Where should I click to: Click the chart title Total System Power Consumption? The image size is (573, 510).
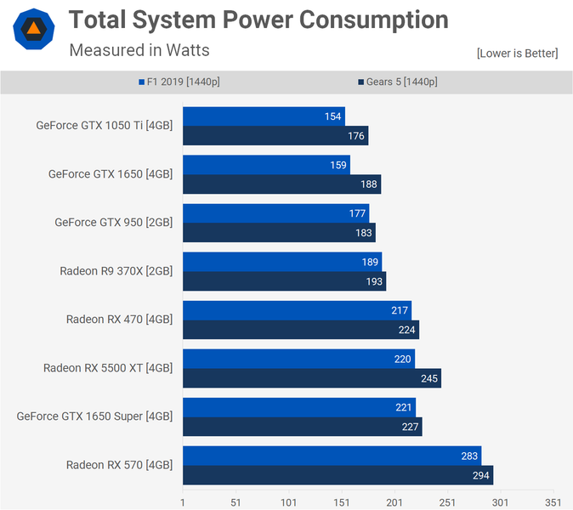click(258, 20)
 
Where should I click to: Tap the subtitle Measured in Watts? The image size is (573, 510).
click(139, 50)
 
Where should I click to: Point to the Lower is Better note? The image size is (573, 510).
click(517, 54)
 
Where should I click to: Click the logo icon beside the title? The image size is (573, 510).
click(33, 31)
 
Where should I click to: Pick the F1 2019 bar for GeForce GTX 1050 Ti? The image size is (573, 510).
click(264, 116)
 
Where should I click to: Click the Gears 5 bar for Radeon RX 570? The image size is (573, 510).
click(338, 475)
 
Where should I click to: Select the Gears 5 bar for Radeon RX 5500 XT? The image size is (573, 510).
click(311, 378)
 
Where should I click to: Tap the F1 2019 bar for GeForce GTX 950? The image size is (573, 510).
click(275, 213)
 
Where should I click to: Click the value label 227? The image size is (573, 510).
click(411, 427)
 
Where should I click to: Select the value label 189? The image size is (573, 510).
click(371, 262)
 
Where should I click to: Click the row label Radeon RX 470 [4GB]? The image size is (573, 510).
click(119, 320)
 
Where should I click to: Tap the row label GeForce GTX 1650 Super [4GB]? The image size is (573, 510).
click(94, 416)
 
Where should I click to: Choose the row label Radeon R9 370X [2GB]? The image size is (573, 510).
click(116, 271)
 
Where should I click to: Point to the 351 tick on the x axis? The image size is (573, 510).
click(553, 501)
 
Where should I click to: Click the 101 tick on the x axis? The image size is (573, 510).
click(289, 501)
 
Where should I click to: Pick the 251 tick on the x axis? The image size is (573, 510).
click(447, 501)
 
